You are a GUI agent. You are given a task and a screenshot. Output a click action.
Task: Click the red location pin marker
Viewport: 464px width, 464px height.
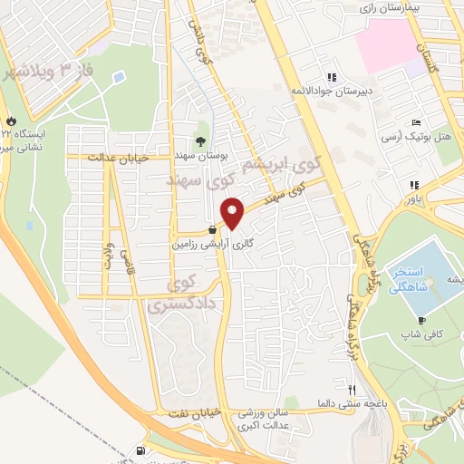coord(233,214)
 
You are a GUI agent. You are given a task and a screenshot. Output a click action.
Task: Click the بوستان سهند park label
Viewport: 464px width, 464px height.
coord(208,156)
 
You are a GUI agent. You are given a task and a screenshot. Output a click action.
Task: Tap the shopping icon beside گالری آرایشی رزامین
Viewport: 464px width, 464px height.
coord(211,229)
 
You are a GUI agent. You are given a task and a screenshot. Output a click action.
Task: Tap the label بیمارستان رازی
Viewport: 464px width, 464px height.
coord(382,7)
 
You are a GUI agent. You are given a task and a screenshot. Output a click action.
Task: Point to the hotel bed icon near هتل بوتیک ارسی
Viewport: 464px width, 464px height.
coord(415,122)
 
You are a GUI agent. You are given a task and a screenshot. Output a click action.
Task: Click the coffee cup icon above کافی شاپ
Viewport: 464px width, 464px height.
coord(421,320)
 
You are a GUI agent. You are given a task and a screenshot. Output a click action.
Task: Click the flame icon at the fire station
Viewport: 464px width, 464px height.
coord(10,119)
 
